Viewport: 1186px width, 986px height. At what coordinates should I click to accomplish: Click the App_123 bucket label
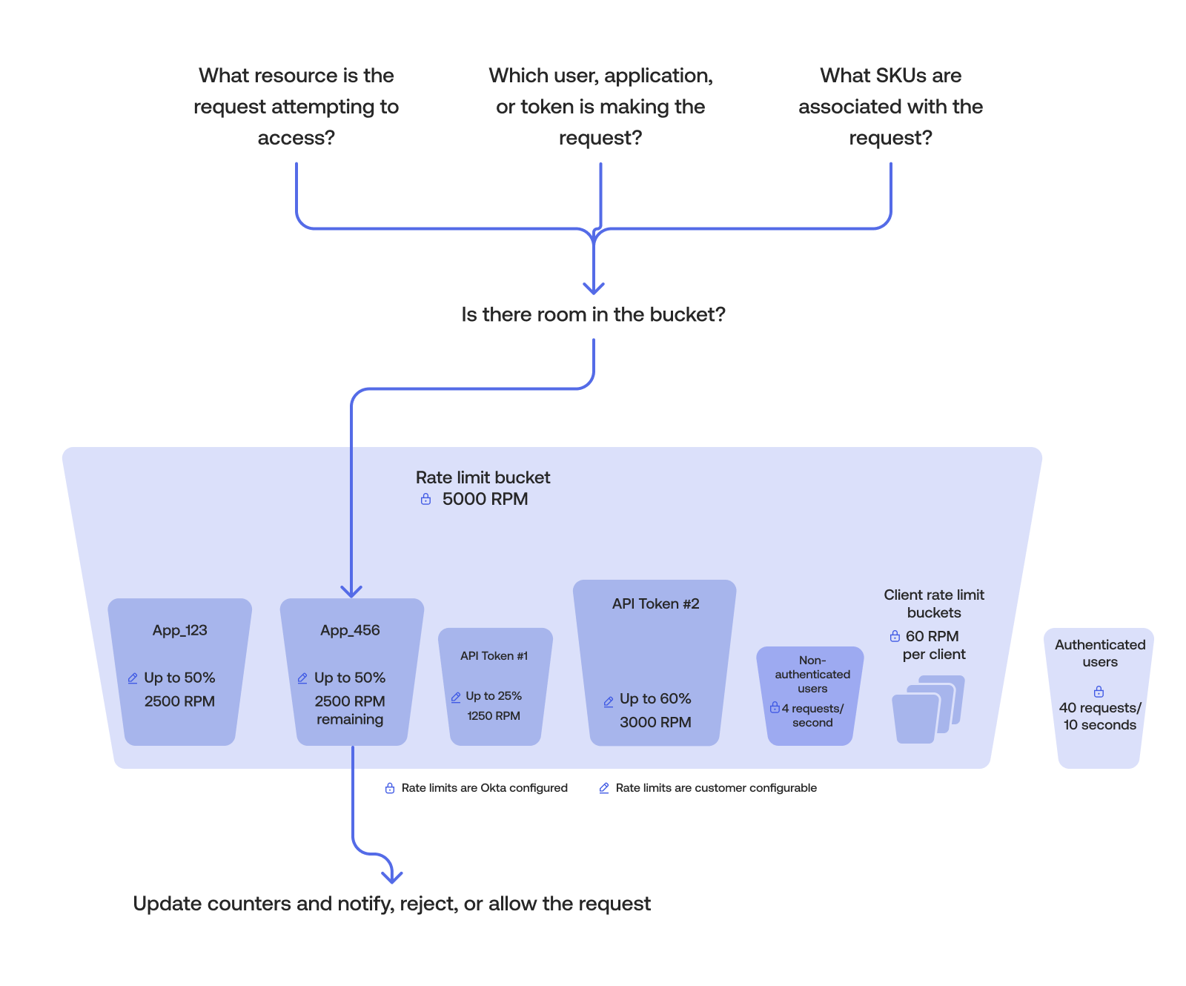pyautogui.click(x=179, y=630)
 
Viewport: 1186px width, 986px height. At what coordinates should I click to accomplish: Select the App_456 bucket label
pyautogui.click(x=350, y=630)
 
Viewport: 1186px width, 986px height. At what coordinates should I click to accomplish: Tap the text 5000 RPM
pyautogui.click(x=485, y=499)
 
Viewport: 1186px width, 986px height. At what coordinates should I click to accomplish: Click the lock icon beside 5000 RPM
pyautogui.click(x=425, y=499)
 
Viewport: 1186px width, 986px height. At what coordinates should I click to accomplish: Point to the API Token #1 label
pyautogui.click(x=494, y=655)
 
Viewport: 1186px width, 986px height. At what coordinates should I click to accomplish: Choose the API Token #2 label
pyautogui.click(x=655, y=603)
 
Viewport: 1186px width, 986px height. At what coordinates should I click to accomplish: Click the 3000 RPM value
pyautogui.click(x=655, y=722)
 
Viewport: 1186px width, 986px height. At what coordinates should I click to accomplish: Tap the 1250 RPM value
pyautogui.click(x=494, y=715)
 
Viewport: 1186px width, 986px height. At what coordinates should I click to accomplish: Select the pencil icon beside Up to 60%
pyautogui.click(x=609, y=701)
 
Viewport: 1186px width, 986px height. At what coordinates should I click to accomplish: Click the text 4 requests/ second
pyautogui.click(x=812, y=715)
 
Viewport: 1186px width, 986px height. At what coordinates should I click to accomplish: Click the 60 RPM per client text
pyautogui.click(x=932, y=645)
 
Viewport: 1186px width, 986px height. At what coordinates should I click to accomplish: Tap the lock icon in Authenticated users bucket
pyautogui.click(x=1099, y=691)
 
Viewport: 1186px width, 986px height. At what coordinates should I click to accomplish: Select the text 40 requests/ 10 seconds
pyautogui.click(x=1100, y=716)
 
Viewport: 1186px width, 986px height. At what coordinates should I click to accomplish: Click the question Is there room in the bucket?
pyautogui.click(x=593, y=314)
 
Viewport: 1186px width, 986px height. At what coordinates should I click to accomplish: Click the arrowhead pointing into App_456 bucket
pyautogui.click(x=351, y=591)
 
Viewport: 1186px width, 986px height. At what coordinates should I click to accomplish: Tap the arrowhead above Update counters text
pyautogui.click(x=391, y=877)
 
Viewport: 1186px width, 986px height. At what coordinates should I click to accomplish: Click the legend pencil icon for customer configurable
pyautogui.click(x=604, y=788)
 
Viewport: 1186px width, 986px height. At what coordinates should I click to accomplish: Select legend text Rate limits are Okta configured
pyautogui.click(x=484, y=788)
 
